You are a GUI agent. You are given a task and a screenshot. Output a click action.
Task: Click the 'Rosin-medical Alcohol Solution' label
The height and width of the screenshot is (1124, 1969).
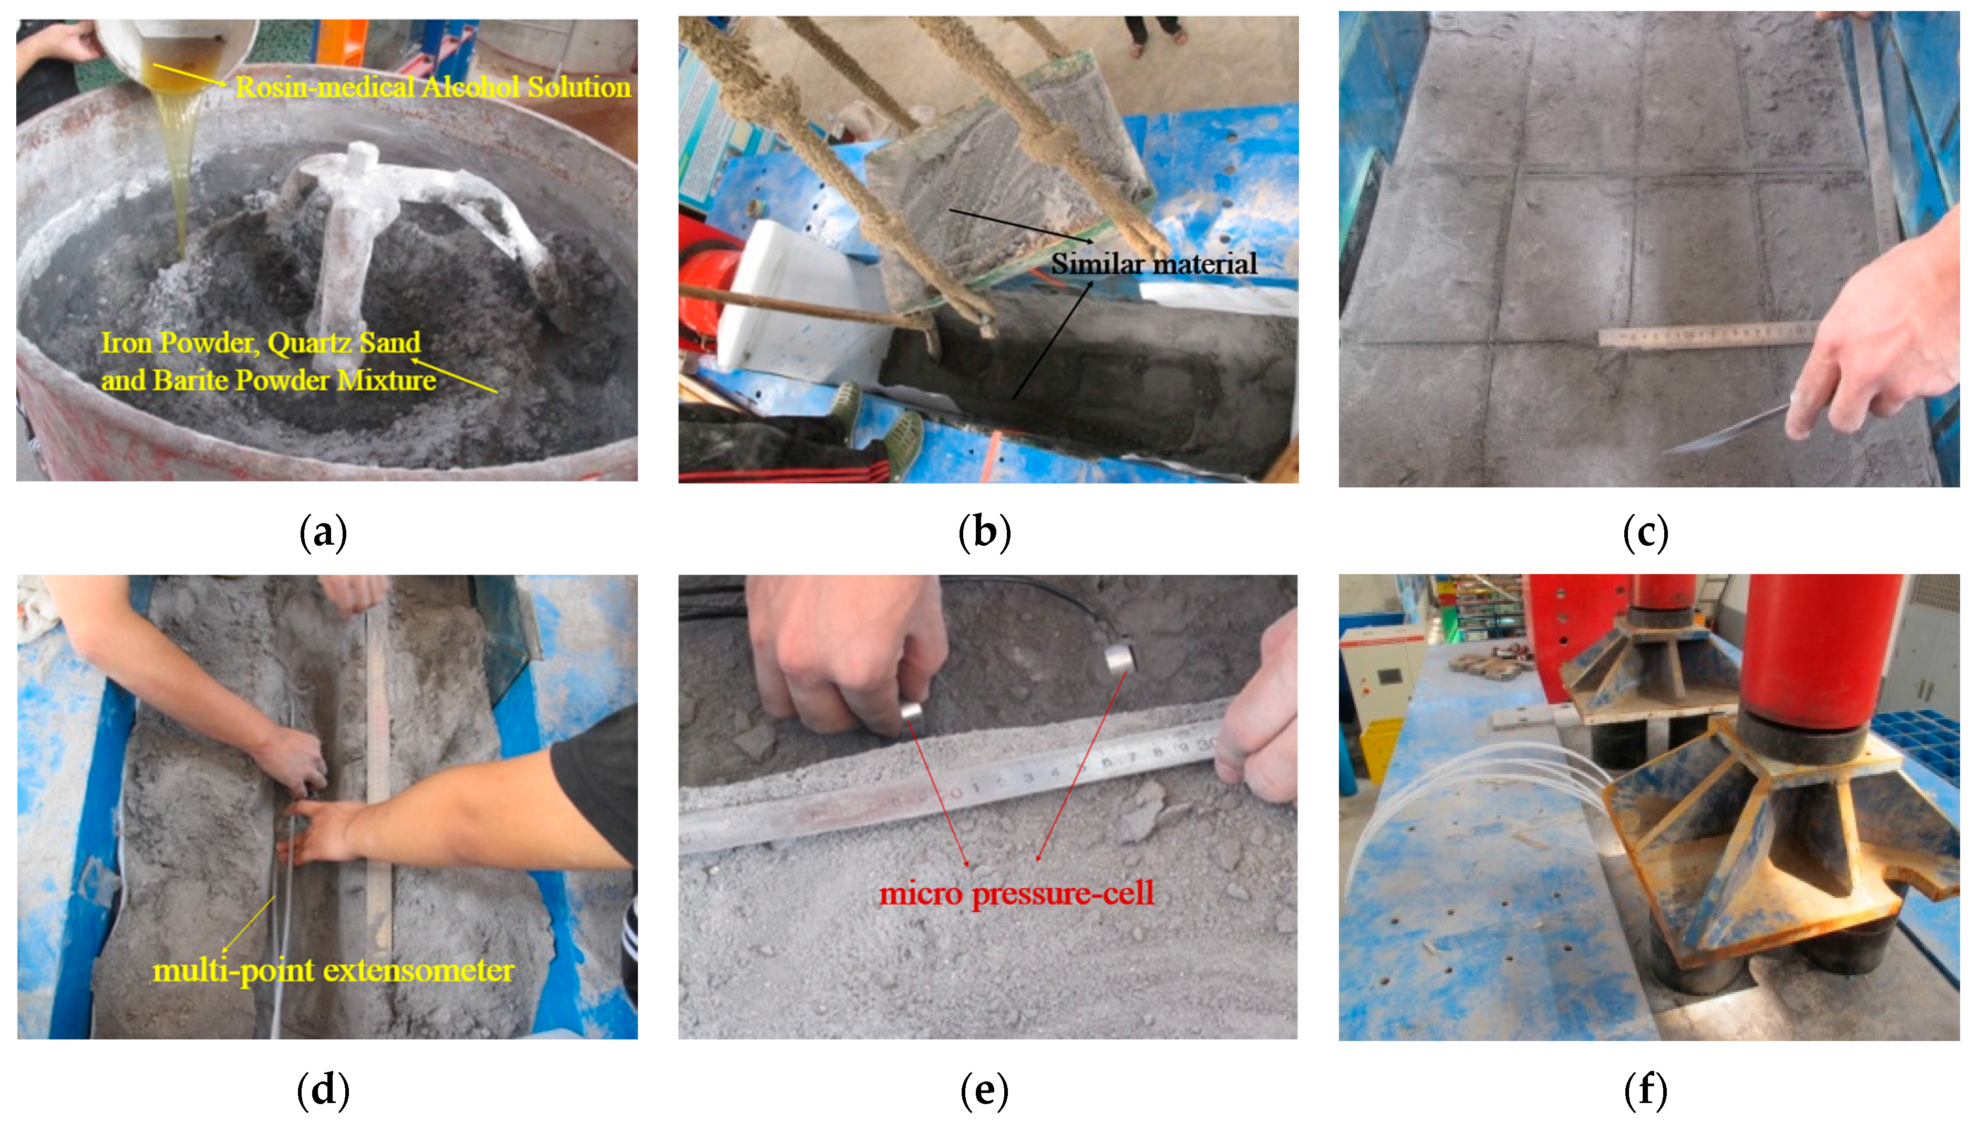coord(433,87)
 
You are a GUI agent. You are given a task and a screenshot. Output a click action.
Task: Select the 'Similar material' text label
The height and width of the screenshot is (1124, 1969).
coord(1153,264)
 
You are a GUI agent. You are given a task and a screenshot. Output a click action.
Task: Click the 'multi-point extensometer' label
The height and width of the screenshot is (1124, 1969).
coord(334,971)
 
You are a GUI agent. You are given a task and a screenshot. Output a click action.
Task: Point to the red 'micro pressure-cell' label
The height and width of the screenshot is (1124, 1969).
coord(1016,894)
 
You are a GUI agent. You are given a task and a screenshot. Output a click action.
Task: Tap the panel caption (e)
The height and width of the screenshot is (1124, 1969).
coord(985,1090)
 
